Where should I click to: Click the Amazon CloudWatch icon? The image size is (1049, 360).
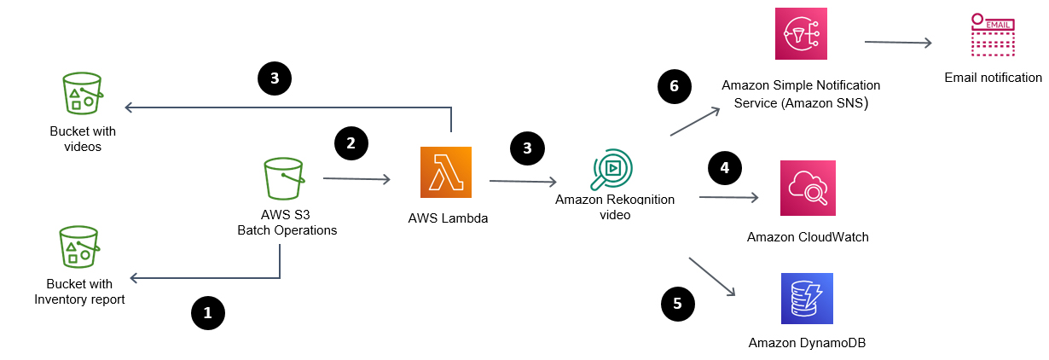[x=807, y=188]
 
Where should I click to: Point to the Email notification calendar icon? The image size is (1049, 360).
[x=993, y=37]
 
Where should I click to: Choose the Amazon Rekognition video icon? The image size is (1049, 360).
[x=613, y=169]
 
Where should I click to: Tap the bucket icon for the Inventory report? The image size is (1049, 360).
[x=79, y=247]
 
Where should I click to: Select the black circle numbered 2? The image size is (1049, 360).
[x=350, y=142]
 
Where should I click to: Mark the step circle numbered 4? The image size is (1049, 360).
[x=724, y=168]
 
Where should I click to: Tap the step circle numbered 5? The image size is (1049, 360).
[x=677, y=302]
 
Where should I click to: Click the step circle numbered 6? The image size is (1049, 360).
[x=673, y=86]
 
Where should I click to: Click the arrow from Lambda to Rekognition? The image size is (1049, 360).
[x=522, y=181]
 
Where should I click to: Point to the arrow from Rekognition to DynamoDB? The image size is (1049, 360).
[x=712, y=276]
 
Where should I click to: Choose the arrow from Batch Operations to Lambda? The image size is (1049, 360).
[x=356, y=179]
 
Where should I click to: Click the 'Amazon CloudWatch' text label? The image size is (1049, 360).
[x=807, y=237]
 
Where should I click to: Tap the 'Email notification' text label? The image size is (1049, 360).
[x=993, y=78]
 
